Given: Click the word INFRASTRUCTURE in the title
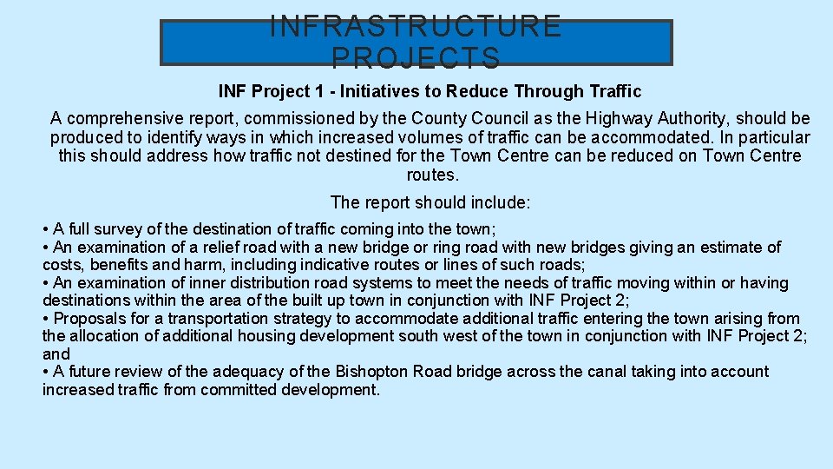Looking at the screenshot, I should click(x=416, y=26).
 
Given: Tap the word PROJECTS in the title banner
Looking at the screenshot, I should click(x=416, y=57).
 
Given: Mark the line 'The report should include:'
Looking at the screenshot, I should click(x=430, y=202).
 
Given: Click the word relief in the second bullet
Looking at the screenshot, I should click(x=199, y=248).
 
